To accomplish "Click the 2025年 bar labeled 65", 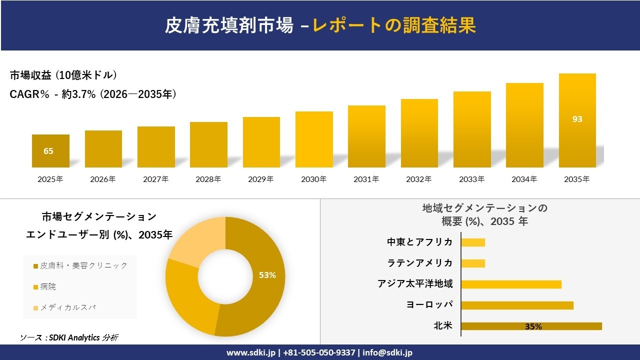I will (x=50, y=151).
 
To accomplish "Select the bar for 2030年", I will (x=314, y=139).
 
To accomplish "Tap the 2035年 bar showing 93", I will (x=577, y=120).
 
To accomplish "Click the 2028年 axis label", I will (x=208, y=179).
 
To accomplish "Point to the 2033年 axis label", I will (x=471, y=179).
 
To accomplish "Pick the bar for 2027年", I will (x=156, y=147).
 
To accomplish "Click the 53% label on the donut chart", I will (x=267, y=275).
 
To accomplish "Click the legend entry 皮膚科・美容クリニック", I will (x=80, y=265).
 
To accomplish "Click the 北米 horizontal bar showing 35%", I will (x=531, y=326).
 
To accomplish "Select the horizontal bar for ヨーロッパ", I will (x=517, y=305).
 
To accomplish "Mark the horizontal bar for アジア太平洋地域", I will (x=511, y=284).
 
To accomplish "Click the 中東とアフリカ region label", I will (x=419, y=242).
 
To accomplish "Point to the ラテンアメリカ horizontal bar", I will (x=473, y=263).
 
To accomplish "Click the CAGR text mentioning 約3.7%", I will (x=93, y=94).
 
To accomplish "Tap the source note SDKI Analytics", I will (x=69, y=337).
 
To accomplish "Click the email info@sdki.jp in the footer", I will (x=387, y=352).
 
